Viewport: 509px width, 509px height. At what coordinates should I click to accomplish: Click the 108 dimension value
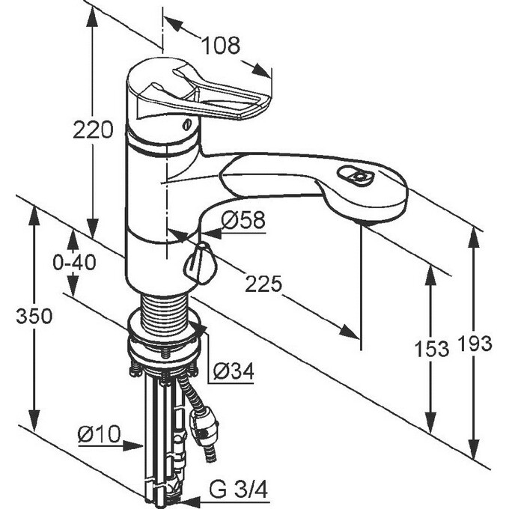point(221,46)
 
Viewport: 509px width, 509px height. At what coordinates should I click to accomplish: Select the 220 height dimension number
point(93,129)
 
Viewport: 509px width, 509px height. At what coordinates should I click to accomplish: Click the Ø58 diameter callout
point(244,220)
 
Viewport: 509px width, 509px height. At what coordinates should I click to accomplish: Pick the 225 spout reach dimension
point(263,284)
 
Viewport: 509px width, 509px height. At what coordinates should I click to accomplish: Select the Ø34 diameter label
point(233,370)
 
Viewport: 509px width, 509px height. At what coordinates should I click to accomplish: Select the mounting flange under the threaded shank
point(165,345)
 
